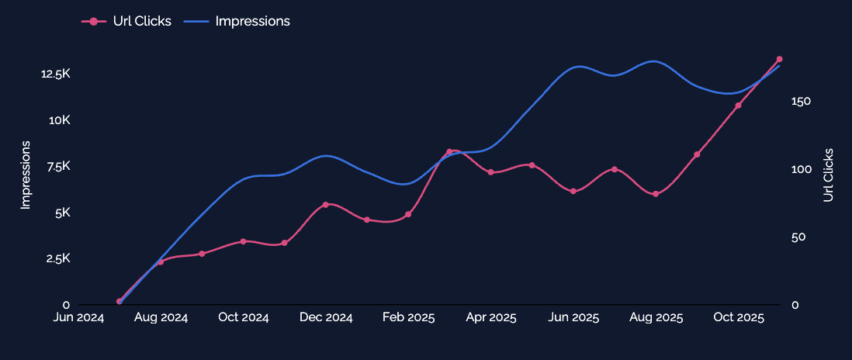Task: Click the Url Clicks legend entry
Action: pos(126,21)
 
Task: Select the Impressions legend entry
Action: pos(237,21)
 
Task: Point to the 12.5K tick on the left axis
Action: pos(55,74)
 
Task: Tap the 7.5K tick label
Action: pos(59,166)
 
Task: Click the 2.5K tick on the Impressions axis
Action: pos(59,258)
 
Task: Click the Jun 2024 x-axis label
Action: pos(79,317)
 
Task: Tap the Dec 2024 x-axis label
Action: pos(326,317)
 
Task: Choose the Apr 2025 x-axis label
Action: pos(490,317)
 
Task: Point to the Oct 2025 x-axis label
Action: pos(738,317)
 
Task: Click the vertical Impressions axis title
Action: pos(25,175)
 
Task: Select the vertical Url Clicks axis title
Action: pos(828,175)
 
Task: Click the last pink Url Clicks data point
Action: pos(779,59)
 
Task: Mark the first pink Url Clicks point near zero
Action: pos(119,301)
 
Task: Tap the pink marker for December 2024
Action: pos(325,205)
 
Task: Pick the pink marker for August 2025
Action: pos(656,194)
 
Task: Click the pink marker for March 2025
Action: pos(449,151)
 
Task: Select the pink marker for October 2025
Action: pos(738,106)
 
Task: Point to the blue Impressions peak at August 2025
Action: pos(654,61)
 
